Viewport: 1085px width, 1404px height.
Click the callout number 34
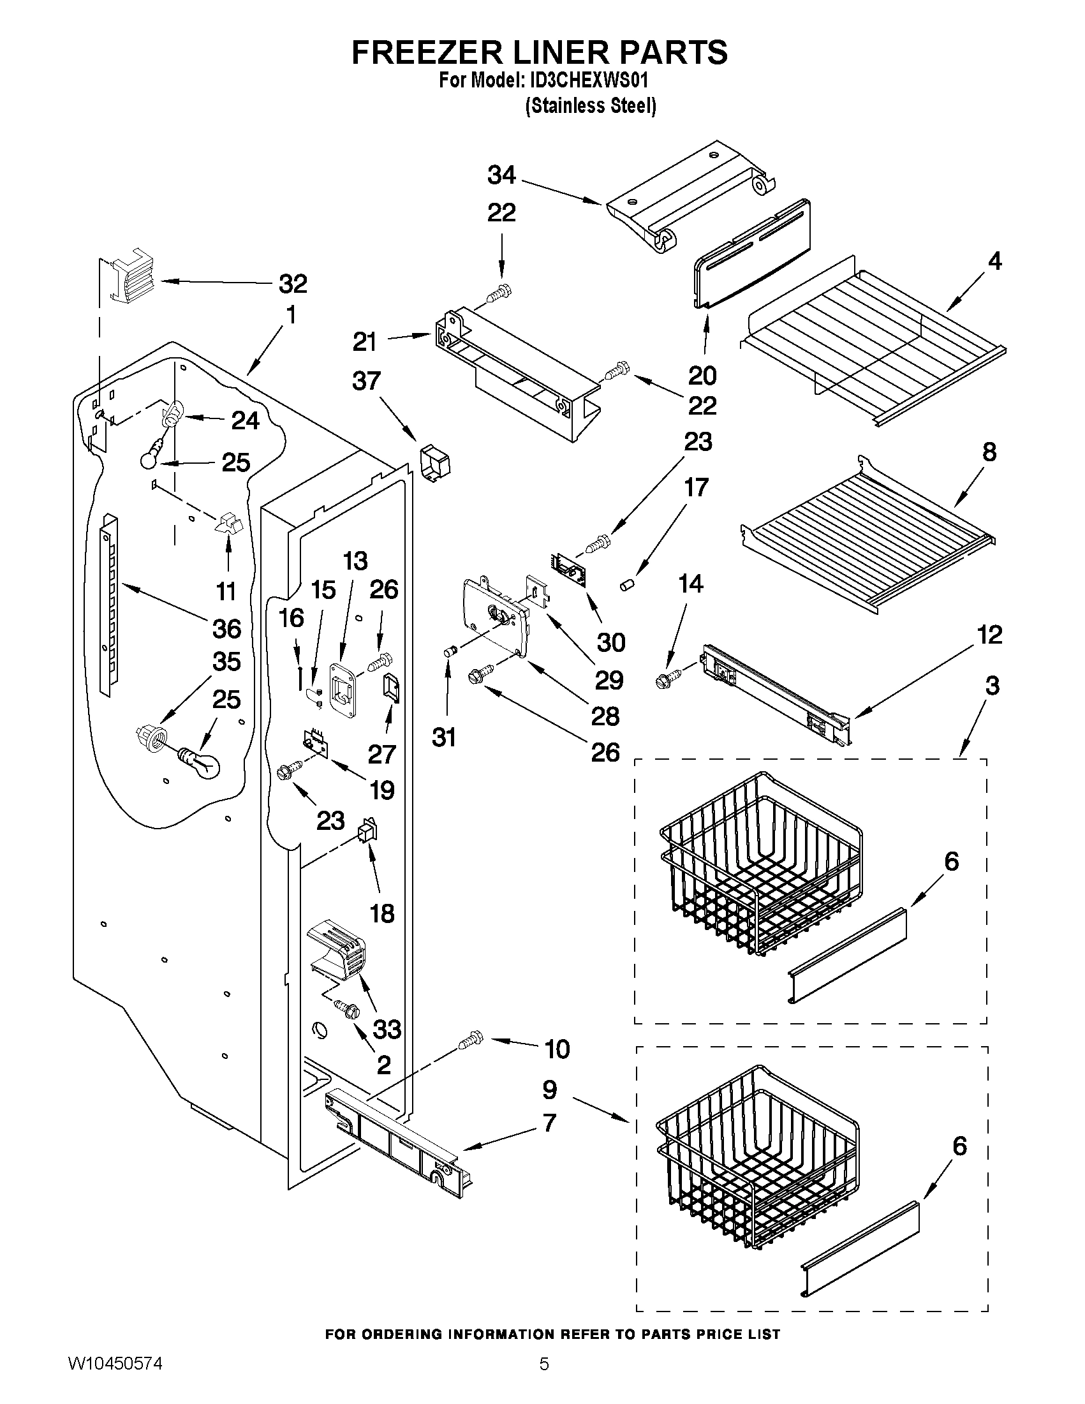coord(501,175)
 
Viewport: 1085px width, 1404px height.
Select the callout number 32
coord(293,283)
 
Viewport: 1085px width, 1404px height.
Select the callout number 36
coord(227,628)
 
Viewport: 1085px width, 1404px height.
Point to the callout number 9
coord(550,1090)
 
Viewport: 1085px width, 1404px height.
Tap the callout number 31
coord(444,737)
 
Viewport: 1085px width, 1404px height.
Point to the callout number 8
coord(989,451)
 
